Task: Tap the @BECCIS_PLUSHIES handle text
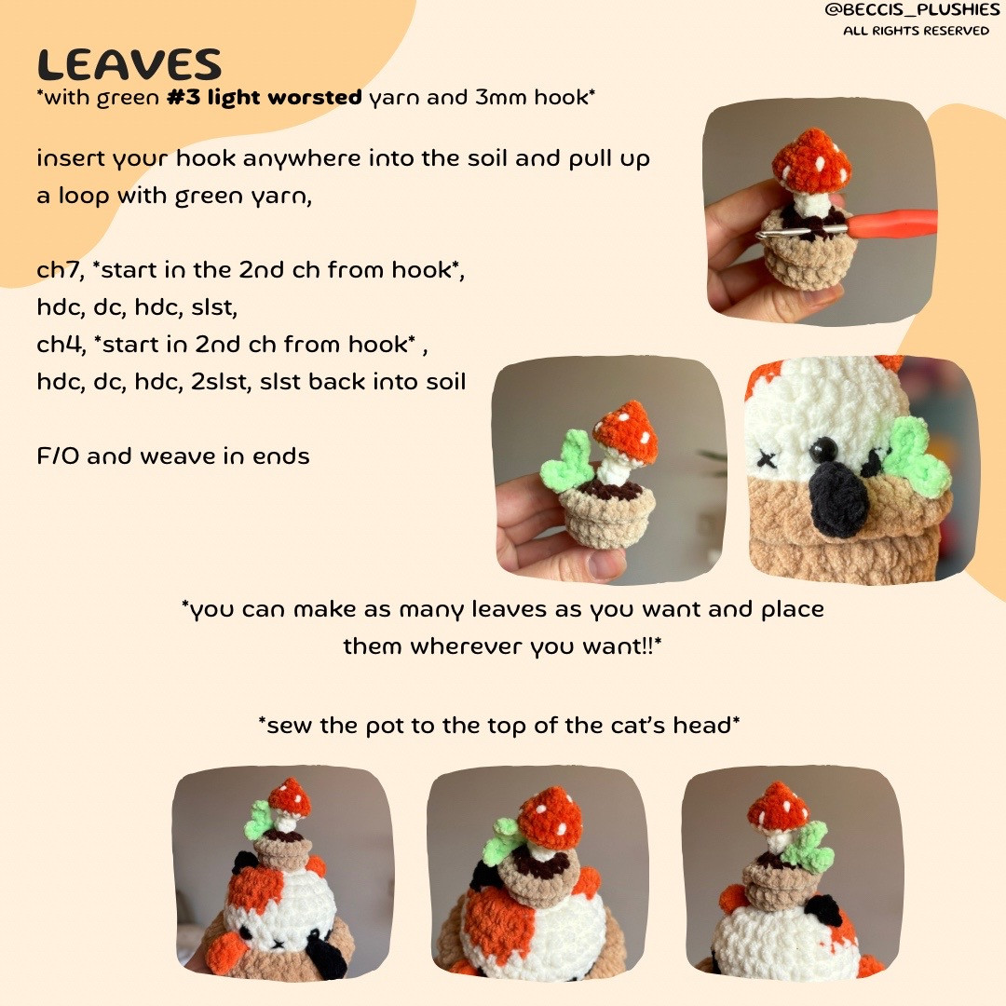(915, 10)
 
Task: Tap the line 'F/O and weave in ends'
(173, 456)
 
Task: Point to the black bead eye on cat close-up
(822, 452)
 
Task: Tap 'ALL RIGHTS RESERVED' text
(916, 31)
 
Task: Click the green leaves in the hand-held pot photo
(565, 460)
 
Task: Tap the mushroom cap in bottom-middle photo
(549, 817)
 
